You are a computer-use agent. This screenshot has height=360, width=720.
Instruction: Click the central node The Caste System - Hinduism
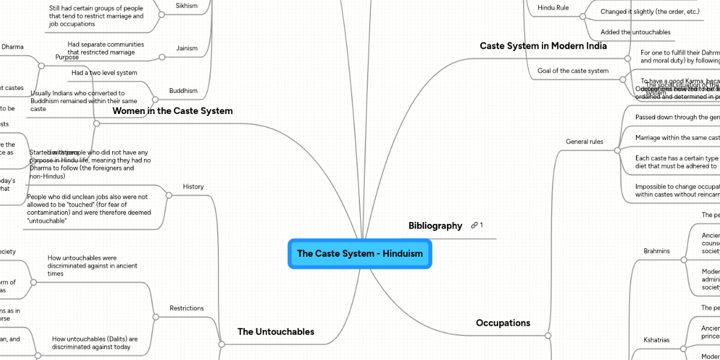(359, 253)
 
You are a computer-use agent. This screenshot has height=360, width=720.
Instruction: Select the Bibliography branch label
(435, 226)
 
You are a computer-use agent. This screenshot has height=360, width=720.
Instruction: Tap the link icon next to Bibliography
(475, 226)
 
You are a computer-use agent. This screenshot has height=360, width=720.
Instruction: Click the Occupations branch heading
(503, 323)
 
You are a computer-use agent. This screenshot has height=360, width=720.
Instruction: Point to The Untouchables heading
(275, 331)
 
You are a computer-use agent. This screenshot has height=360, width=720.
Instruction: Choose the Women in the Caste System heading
(173, 111)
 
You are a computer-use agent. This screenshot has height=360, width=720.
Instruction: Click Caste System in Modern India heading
(543, 46)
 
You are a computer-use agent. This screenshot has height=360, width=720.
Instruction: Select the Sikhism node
(186, 5)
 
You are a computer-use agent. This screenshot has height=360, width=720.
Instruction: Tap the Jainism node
(187, 48)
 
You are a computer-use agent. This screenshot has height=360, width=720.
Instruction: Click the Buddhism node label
(183, 91)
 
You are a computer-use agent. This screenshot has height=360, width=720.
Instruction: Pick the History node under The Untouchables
(193, 187)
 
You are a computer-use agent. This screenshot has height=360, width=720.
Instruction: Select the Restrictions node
(187, 308)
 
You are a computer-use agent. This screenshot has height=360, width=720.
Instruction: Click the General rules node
(584, 142)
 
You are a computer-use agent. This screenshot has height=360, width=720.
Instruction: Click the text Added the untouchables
(635, 32)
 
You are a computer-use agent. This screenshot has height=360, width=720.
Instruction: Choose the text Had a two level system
(104, 73)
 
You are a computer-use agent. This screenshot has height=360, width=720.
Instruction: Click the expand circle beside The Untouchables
(221, 344)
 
